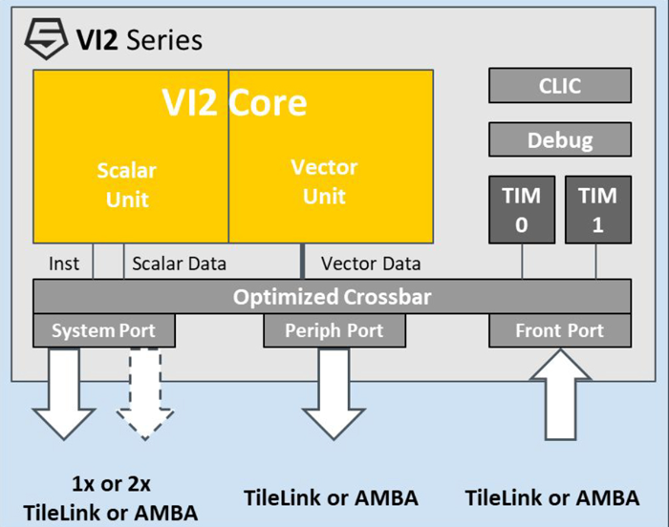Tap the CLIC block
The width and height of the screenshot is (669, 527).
coord(559,86)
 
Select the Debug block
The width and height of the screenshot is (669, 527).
coord(559,140)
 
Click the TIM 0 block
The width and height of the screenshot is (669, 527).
coord(521,208)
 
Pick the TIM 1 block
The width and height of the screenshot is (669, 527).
coord(597,208)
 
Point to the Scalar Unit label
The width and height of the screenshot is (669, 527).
coord(126,185)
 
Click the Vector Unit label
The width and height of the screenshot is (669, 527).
coord(324,181)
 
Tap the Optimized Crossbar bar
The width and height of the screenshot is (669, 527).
coord(332,296)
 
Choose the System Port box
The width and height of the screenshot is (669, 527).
coord(104,330)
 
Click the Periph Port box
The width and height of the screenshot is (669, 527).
coord(334,330)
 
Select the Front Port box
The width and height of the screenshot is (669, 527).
coord(559,330)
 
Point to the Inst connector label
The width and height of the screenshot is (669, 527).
coord(64,263)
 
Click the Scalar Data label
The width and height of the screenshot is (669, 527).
coord(179,263)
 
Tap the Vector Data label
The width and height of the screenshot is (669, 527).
coord(370,263)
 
